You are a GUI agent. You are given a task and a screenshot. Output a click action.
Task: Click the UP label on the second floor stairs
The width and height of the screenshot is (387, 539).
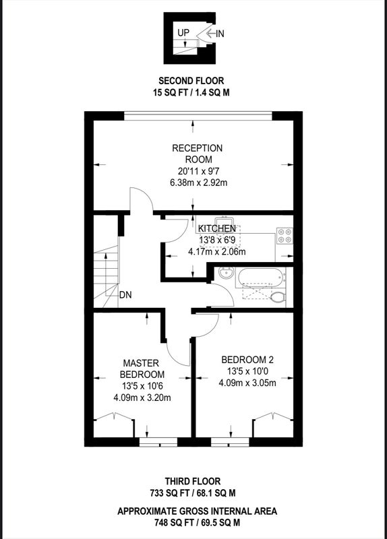point(183,32)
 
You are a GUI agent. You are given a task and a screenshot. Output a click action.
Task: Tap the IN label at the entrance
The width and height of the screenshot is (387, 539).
point(220,34)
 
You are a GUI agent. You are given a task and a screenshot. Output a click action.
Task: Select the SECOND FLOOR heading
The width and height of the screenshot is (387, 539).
point(191,81)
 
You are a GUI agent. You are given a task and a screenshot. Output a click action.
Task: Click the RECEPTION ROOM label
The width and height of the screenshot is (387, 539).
point(198,154)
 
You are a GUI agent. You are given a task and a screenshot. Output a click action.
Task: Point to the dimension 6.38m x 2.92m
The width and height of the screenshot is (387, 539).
point(198,183)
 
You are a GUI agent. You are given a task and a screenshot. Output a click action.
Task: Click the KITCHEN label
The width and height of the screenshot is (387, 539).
point(217,228)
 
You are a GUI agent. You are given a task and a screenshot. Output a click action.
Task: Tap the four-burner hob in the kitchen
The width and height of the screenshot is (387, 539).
point(285,235)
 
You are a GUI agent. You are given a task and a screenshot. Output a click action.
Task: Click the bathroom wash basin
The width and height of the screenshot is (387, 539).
point(227,274)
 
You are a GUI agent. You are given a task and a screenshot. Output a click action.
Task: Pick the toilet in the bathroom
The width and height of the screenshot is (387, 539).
point(278,297)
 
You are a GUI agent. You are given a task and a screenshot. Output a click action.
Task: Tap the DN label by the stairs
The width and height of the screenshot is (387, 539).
point(125,295)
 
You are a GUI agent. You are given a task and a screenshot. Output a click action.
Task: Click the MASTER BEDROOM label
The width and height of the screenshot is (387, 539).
point(142,369)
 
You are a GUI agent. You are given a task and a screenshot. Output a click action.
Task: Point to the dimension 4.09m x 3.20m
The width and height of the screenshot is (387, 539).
point(142,398)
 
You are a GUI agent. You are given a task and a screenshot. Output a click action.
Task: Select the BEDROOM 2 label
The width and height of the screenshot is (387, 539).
point(247,360)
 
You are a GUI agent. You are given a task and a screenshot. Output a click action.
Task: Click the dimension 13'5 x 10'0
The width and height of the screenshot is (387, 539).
point(247,371)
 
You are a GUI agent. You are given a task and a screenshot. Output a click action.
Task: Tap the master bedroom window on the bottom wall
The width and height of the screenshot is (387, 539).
point(158,442)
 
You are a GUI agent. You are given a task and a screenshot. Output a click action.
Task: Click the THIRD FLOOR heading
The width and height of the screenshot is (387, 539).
point(193,481)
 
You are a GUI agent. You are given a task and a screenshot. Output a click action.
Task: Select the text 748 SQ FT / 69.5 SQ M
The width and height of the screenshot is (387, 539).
point(197,523)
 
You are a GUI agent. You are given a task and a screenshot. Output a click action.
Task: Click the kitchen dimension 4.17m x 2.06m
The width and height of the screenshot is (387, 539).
point(216,251)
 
